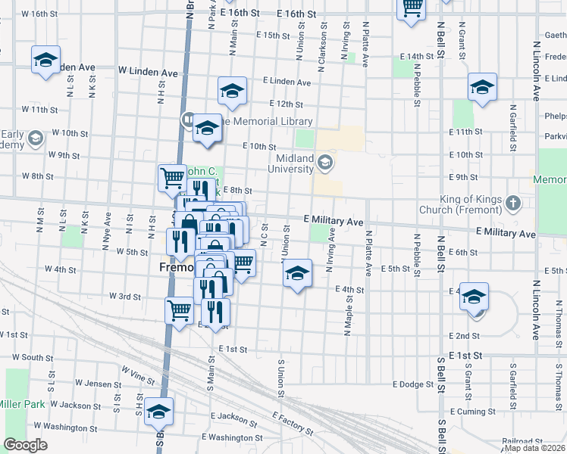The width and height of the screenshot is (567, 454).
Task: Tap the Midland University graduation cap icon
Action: [325, 161]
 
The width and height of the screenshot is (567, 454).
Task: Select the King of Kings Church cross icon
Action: [514, 203]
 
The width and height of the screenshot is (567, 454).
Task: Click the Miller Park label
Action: [20, 404]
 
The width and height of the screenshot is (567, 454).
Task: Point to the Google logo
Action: [25, 444]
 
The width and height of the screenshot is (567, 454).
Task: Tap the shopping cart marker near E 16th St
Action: [411, 9]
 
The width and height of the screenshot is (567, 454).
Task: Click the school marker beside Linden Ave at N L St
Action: [45, 60]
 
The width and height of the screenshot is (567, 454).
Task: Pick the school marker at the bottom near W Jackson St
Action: [159, 412]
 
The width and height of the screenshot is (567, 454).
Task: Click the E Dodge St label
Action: [412, 384]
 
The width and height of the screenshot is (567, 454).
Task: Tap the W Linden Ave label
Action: [147, 73]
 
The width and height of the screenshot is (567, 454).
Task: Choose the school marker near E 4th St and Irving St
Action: [297, 273]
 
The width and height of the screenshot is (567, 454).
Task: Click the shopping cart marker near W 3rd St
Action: [180, 309]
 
